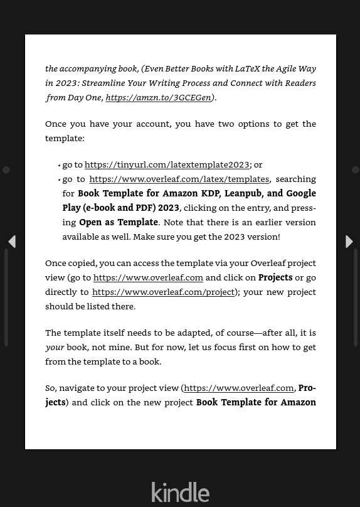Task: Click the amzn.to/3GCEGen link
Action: [x=158, y=97]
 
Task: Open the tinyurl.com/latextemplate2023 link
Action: [x=167, y=164]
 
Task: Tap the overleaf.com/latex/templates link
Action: [x=179, y=179]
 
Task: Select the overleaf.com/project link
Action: [x=163, y=292]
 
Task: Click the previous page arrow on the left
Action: [x=11, y=242]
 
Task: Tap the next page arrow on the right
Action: [x=349, y=242]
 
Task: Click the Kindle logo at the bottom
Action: [x=180, y=492]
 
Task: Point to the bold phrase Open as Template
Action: [x=119, y=222]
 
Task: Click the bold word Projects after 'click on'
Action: [x=275, y=277]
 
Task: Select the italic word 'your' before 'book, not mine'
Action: [x=55, y=347]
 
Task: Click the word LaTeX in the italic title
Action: [x=248, y=68]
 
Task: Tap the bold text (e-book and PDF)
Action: [x=119, y=208]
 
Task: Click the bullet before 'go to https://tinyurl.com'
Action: [x=59, y=165]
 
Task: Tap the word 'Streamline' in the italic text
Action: [x=103, y=83]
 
